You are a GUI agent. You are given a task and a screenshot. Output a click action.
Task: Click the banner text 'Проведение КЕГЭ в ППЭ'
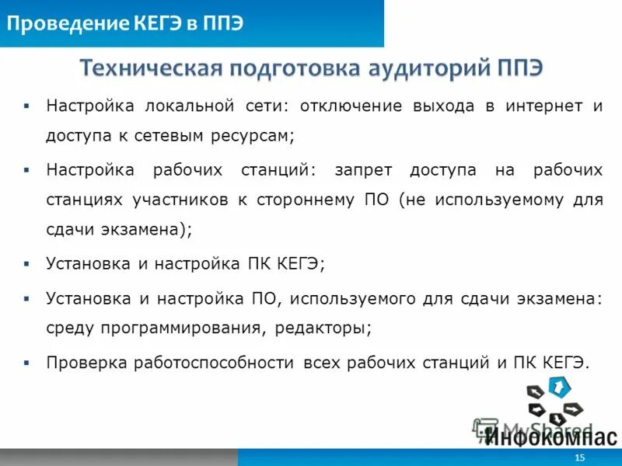click(x=125, y=23)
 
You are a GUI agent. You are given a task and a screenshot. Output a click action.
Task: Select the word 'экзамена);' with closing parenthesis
click(x=152, y=230)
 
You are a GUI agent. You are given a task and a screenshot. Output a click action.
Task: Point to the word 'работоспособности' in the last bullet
click(x=213, y=362)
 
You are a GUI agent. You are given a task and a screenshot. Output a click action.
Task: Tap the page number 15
click(x=579, y=458)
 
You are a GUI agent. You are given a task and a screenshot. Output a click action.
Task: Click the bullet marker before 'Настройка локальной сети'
click(x=26, y=106)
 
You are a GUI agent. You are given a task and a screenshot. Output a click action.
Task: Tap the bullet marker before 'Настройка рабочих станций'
click(x=26, y=170)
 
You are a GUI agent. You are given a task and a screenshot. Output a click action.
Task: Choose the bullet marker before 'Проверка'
click(x=26, y=362)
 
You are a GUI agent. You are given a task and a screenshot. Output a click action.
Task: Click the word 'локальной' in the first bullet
click(x=184, y=106)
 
